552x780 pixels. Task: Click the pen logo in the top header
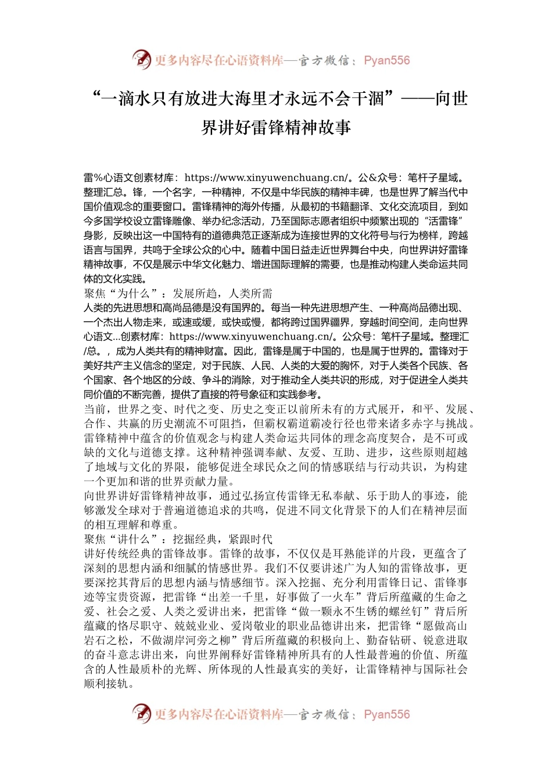[x=142, y=59]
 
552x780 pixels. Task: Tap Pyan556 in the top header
[x=386, y=60]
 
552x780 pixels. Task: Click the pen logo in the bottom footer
[x=142, y=713]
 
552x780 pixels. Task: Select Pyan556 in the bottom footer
[x=386, y=714]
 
